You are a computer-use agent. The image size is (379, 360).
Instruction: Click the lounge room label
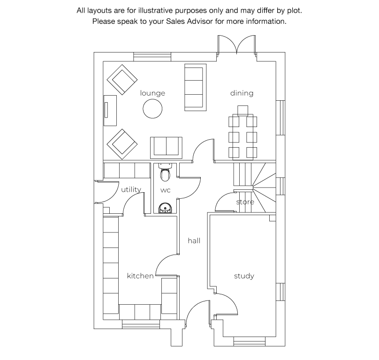tap(152, 93)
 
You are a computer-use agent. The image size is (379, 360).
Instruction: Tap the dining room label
tap(242, 93)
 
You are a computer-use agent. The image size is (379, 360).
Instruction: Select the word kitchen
tap(140, 276)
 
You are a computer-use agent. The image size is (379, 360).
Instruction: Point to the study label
tap(244, 276)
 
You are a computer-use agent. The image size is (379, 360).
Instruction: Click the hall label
tap(194, 240)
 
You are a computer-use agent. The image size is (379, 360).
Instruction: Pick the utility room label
tap(131, 189)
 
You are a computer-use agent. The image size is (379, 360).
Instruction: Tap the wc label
tap(165, 190)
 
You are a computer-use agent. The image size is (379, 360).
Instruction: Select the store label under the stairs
tap(245, 202)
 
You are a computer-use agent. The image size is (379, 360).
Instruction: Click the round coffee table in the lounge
tap(152, 109)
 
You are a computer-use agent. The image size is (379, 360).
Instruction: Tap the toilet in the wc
tap(165, 172)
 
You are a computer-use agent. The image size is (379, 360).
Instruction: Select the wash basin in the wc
tap(165, 208)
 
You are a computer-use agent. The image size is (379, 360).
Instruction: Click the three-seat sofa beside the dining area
tap(195, 87)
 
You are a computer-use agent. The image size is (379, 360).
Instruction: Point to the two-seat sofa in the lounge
tap(166, 148)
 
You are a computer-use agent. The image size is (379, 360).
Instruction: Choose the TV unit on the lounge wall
tap(110, 111)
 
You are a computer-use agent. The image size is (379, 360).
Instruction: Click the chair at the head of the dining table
tap(243, 111)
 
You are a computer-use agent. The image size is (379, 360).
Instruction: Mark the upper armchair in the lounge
tap(122, 80)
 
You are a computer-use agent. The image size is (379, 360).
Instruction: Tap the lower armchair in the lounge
tap(122, 144)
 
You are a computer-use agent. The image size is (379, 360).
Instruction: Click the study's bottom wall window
tap(250, 341)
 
